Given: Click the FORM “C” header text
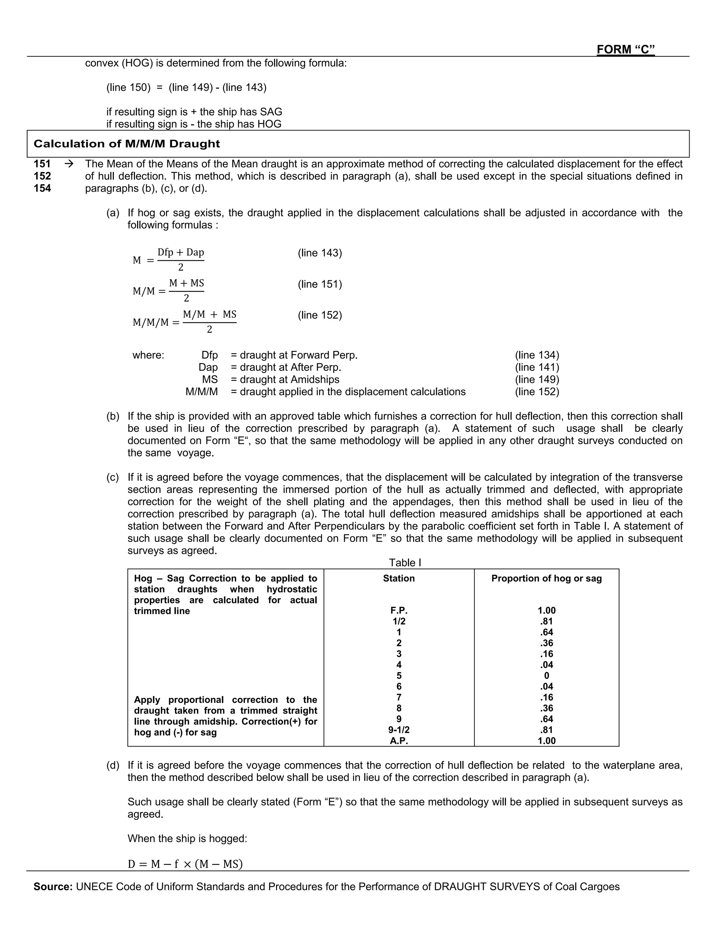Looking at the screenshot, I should point(625,50).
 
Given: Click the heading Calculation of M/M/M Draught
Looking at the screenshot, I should point(127,144).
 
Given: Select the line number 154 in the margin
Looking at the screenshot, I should point(42,188).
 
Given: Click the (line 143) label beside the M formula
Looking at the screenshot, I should point(319,253).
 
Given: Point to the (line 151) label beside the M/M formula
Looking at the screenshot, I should point(319,284).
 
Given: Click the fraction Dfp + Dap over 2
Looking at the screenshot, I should point(180,259).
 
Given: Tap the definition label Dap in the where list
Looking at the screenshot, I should point(208,367).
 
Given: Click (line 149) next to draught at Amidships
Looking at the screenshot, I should point(537,379).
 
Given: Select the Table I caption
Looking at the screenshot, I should point(405,562).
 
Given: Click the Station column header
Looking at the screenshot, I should point(399,578).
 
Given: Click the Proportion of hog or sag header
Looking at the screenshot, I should point(546,578).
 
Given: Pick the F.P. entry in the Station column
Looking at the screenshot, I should point(399,610).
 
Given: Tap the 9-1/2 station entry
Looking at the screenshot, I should point(399,730).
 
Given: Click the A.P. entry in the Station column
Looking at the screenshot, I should point(399,741).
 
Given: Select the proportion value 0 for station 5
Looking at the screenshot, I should point(546,676).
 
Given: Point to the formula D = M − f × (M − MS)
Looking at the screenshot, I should point(185,864).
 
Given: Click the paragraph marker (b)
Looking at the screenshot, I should point(113,416).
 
